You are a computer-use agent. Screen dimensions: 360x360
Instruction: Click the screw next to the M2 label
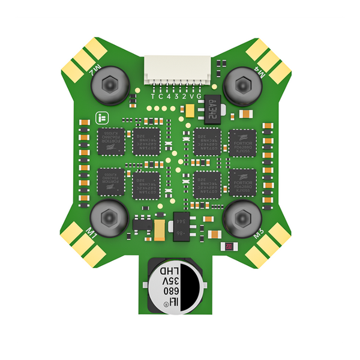click(109, 85)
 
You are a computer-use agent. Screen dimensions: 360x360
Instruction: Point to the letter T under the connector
click(153, 96)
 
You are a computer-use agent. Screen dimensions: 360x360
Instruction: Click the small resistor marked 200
click(229, 247)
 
